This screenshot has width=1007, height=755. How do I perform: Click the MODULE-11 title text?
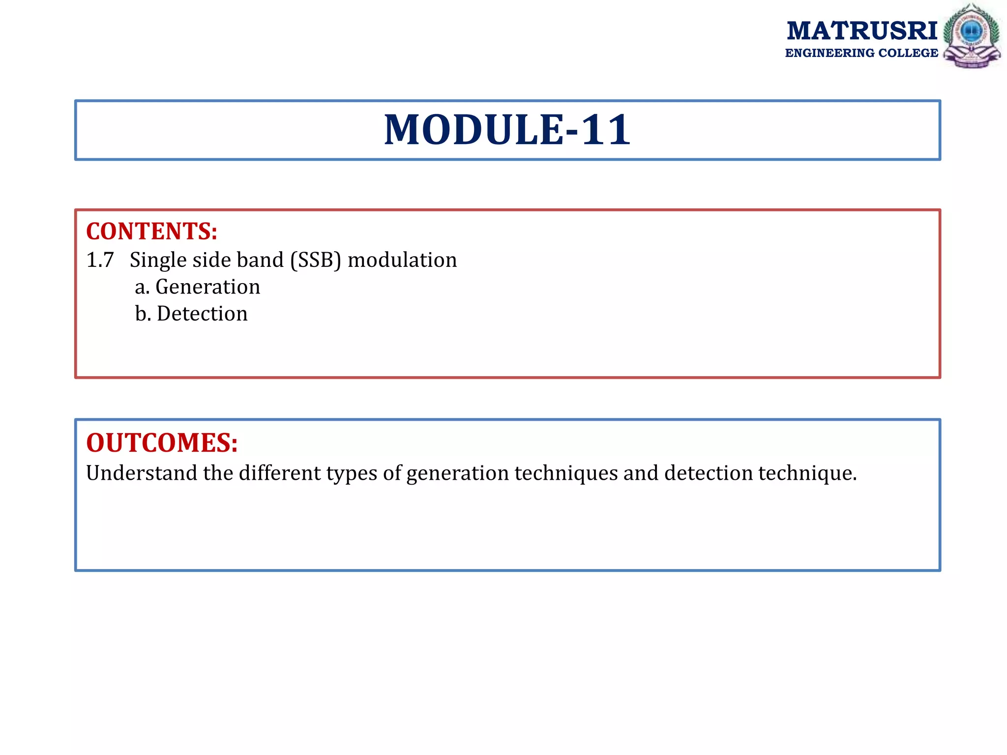pos(507,130)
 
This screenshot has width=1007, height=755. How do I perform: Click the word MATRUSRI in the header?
pos(862,30)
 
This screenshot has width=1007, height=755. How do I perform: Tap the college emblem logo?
pos(972,35)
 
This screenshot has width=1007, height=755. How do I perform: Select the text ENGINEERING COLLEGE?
pos(861,53)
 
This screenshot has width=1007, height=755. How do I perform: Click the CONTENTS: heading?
pos(151,232)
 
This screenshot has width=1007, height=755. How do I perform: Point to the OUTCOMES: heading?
pos(162,442)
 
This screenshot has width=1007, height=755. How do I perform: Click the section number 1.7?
pos(100,260)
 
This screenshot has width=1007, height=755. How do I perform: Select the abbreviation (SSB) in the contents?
pos(315,260)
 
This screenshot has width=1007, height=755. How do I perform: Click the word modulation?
pos(402,260)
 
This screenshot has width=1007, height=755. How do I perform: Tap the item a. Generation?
pos(197,287)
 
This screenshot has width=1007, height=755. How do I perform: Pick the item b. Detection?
pos(191,314)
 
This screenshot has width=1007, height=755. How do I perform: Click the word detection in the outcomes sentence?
pos(709,473)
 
